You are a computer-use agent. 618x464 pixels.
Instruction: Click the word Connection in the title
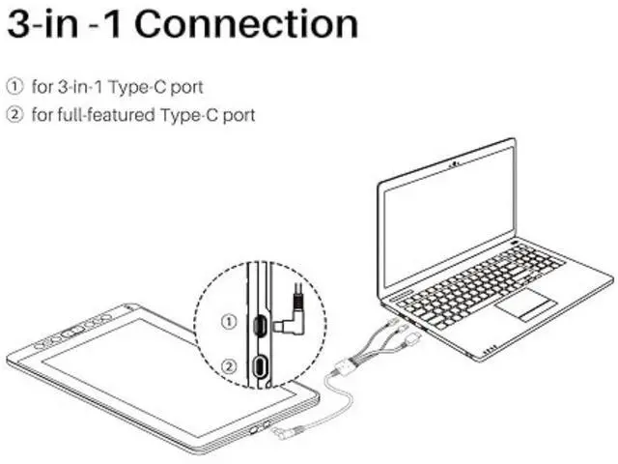point(245,24)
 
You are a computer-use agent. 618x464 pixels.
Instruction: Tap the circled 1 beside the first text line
point(14,87)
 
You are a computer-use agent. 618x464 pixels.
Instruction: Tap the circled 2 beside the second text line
point(14,115)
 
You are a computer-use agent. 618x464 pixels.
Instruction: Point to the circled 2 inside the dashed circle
point(228,365)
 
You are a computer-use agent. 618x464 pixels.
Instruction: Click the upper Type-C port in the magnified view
point(260,324)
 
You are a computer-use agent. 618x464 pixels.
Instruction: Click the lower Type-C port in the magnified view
point(260,367)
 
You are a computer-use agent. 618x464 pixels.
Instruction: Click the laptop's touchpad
point(525,304)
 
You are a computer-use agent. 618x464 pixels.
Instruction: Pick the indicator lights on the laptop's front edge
point(490,350)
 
